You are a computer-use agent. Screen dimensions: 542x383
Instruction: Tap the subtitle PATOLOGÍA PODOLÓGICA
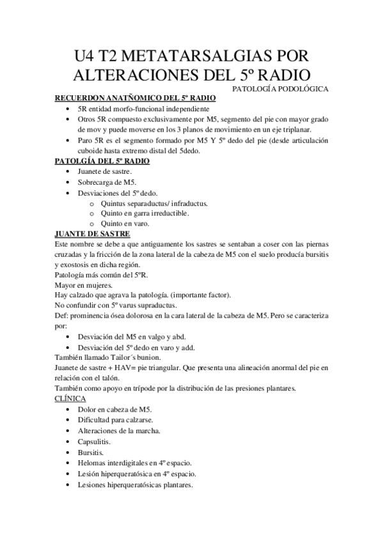280,89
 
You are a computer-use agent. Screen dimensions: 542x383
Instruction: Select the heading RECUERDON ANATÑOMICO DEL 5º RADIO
135,98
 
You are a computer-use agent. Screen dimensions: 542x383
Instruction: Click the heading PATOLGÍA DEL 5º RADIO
102,161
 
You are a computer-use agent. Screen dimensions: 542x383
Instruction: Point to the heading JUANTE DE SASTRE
93,234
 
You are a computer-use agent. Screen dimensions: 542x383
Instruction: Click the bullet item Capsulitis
94,441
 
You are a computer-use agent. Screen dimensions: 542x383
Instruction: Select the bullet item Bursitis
90,452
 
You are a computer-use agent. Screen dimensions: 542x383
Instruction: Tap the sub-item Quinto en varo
125,224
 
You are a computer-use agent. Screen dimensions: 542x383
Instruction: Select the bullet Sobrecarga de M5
103,182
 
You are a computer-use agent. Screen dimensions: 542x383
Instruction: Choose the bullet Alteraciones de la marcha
118,430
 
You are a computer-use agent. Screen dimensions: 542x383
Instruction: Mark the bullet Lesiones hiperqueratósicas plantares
135,484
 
